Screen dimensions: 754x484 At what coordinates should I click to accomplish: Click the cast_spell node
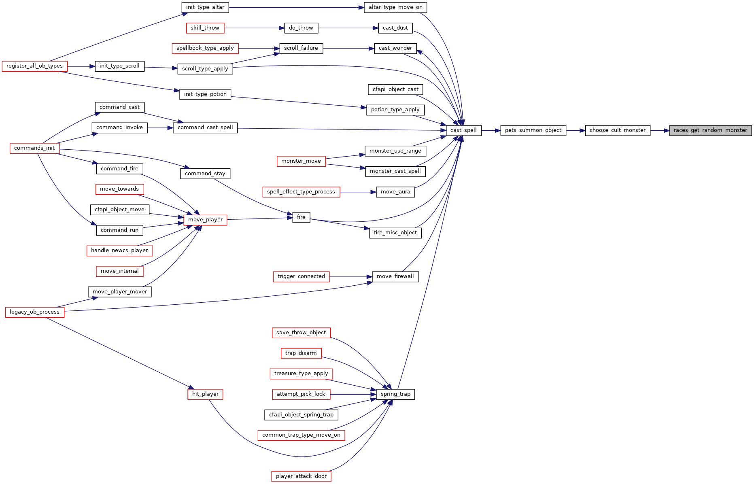coord(463,130)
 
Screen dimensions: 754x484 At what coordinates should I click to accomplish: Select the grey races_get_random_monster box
coord(710,130)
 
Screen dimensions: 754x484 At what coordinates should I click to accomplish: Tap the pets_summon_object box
coord(533,130)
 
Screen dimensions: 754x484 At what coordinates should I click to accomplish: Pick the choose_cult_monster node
coord(618,130)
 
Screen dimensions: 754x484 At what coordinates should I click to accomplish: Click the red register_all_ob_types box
coord(34,66)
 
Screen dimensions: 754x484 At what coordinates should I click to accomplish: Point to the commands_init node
coord(34,148)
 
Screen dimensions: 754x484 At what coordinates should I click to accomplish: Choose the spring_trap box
coord(395,394)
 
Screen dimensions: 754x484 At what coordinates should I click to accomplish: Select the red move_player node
coord(205,220)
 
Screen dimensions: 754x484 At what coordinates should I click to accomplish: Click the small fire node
coord(301,217)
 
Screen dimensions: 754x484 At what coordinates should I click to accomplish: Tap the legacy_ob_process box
coord(34,312)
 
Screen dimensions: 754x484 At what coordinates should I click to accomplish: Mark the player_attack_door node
coord(301,476)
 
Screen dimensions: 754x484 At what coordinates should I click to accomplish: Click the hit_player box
coord(205,394)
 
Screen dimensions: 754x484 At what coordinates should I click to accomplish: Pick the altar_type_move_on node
coord(395,7)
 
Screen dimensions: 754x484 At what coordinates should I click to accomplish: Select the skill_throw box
coord(205,28)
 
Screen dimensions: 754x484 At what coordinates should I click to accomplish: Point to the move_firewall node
coord(395,276)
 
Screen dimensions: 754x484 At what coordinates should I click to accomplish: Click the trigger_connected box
coord(301,276)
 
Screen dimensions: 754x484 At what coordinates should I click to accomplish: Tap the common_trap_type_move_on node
coord(301,435)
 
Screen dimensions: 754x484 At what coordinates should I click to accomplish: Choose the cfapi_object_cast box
coord(395,89)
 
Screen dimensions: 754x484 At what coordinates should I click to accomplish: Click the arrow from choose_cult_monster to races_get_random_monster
coord(660,130)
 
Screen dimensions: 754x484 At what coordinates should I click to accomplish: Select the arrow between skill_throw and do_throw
coord(254,28)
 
